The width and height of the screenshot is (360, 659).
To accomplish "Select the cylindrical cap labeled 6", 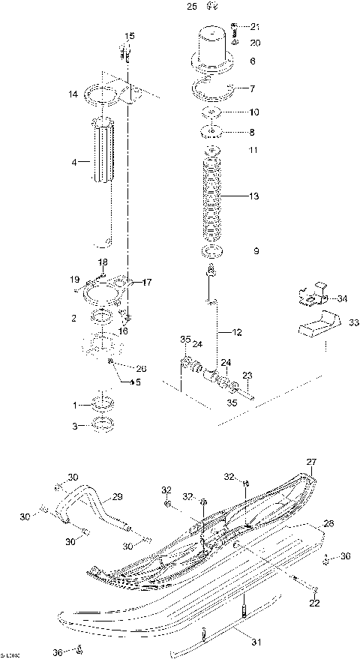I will (213, 47).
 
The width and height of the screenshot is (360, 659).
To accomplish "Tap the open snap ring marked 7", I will (213, 88).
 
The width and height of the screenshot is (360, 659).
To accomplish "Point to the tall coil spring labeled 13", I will (214, 197).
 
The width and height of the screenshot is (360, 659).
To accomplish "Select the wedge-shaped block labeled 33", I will (314, 325).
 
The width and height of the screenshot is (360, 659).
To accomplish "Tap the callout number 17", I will (147, 283).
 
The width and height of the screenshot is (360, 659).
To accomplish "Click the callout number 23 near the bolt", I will (247, 376).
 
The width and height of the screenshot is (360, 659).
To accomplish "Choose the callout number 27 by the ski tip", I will (311, 462).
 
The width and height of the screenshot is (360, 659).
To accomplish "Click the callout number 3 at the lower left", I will (74, 427).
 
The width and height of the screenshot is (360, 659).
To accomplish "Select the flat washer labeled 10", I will (213, 112).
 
